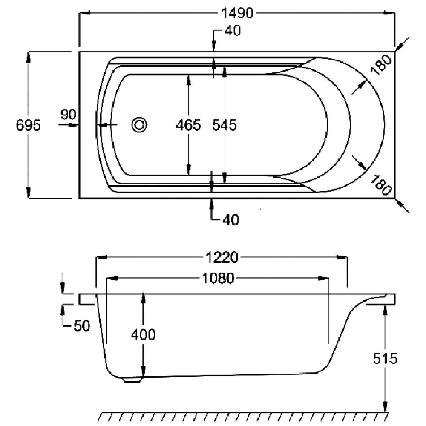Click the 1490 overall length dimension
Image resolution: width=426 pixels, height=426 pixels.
tap(237, 14)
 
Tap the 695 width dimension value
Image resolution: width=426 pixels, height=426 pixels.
tap(28, 125)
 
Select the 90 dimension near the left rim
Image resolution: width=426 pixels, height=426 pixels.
tap(68, 115)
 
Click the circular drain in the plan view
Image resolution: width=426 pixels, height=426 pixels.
tap(139, 125)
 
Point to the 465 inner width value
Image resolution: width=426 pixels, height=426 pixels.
tap(188, 125)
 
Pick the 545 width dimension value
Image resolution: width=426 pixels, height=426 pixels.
tap(225, 125)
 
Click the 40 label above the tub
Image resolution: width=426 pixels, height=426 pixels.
tap(232, 31)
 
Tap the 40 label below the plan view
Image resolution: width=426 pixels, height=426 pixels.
tap(230, 219)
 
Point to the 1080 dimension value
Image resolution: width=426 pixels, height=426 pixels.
tap(217, 279)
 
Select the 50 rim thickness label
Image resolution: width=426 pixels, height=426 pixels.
tap(82, 326)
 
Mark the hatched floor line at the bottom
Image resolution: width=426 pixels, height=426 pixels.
tap(243, 416)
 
